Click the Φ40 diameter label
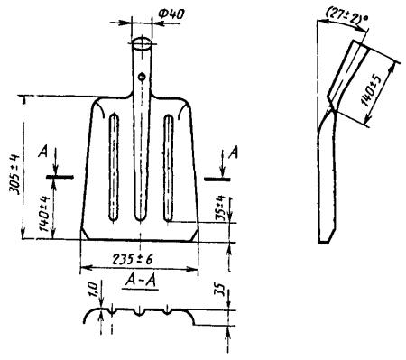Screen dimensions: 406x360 [x=171, y=15]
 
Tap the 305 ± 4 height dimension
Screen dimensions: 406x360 [x=14, y=174]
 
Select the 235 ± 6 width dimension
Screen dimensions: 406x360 [x=133, y=259]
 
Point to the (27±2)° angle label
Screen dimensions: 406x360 [x=346, y=16]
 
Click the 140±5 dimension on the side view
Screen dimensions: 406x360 [x=372, y=89]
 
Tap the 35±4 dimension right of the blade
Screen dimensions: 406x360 [x=221, y=208]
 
